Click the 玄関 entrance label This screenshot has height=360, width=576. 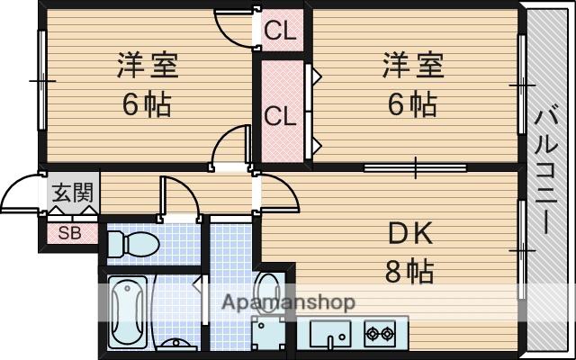(x=72, y=193)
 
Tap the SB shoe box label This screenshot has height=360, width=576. (x=70, y=233)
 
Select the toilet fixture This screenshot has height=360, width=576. (x=134, y=244)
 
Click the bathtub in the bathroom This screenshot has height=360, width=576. (x=128, y=312)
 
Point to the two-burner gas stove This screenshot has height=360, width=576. (x=380, y=334)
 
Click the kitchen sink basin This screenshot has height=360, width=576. (x=330, y=334)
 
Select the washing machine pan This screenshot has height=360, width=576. (x=268, y=334)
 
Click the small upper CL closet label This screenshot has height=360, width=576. (x=280, y=31)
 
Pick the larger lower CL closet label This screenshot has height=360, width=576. (x=280, y=117)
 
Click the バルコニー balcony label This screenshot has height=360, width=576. (x=546, y=172)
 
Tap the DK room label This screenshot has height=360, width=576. (x=410, y=234)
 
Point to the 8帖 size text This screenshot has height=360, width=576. (x=409, y=271)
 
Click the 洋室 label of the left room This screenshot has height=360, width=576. (x=148, y=66)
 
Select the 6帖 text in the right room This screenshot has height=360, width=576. (x=412, y=104)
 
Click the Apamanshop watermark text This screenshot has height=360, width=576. (x=288, y=302)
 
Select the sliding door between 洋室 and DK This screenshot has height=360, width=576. (x=415, y=168)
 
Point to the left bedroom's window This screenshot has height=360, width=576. (x=42, y=80)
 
